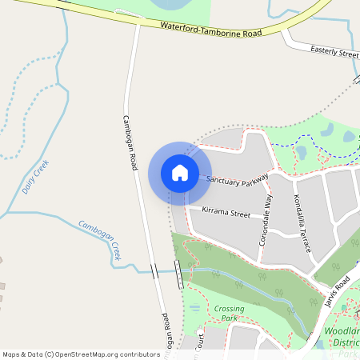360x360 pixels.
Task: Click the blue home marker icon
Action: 180,172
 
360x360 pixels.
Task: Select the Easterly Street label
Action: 334,52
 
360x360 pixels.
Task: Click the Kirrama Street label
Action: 226,214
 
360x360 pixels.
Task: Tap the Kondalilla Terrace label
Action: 302,223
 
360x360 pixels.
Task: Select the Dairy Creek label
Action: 36,177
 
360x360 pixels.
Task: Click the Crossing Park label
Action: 229,313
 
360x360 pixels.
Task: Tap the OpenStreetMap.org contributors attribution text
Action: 107,354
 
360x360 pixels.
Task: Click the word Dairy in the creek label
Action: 30,185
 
